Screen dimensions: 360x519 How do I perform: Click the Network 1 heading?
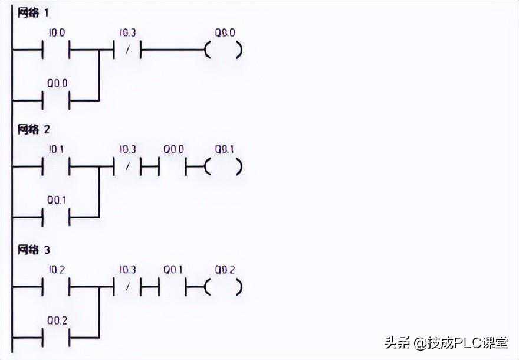coord(33,12)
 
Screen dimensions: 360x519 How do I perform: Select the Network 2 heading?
coord(34,130)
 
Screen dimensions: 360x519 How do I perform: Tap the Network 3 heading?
coord(34,250)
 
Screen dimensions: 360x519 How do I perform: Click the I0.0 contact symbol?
coord(57,50)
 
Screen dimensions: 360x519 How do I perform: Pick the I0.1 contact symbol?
coord(57,167)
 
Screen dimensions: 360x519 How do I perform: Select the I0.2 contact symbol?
coord(57,287)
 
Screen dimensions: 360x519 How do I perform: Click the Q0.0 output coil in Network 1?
coord(224,50)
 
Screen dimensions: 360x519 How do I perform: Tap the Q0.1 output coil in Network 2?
coord(224,167)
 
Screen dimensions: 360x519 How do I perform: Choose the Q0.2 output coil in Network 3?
coord(224,287)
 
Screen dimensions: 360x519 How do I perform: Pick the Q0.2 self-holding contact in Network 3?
coord(57,338)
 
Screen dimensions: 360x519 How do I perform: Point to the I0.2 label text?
coord(57,270)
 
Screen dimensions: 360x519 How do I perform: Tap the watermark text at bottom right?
coord(448,342)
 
